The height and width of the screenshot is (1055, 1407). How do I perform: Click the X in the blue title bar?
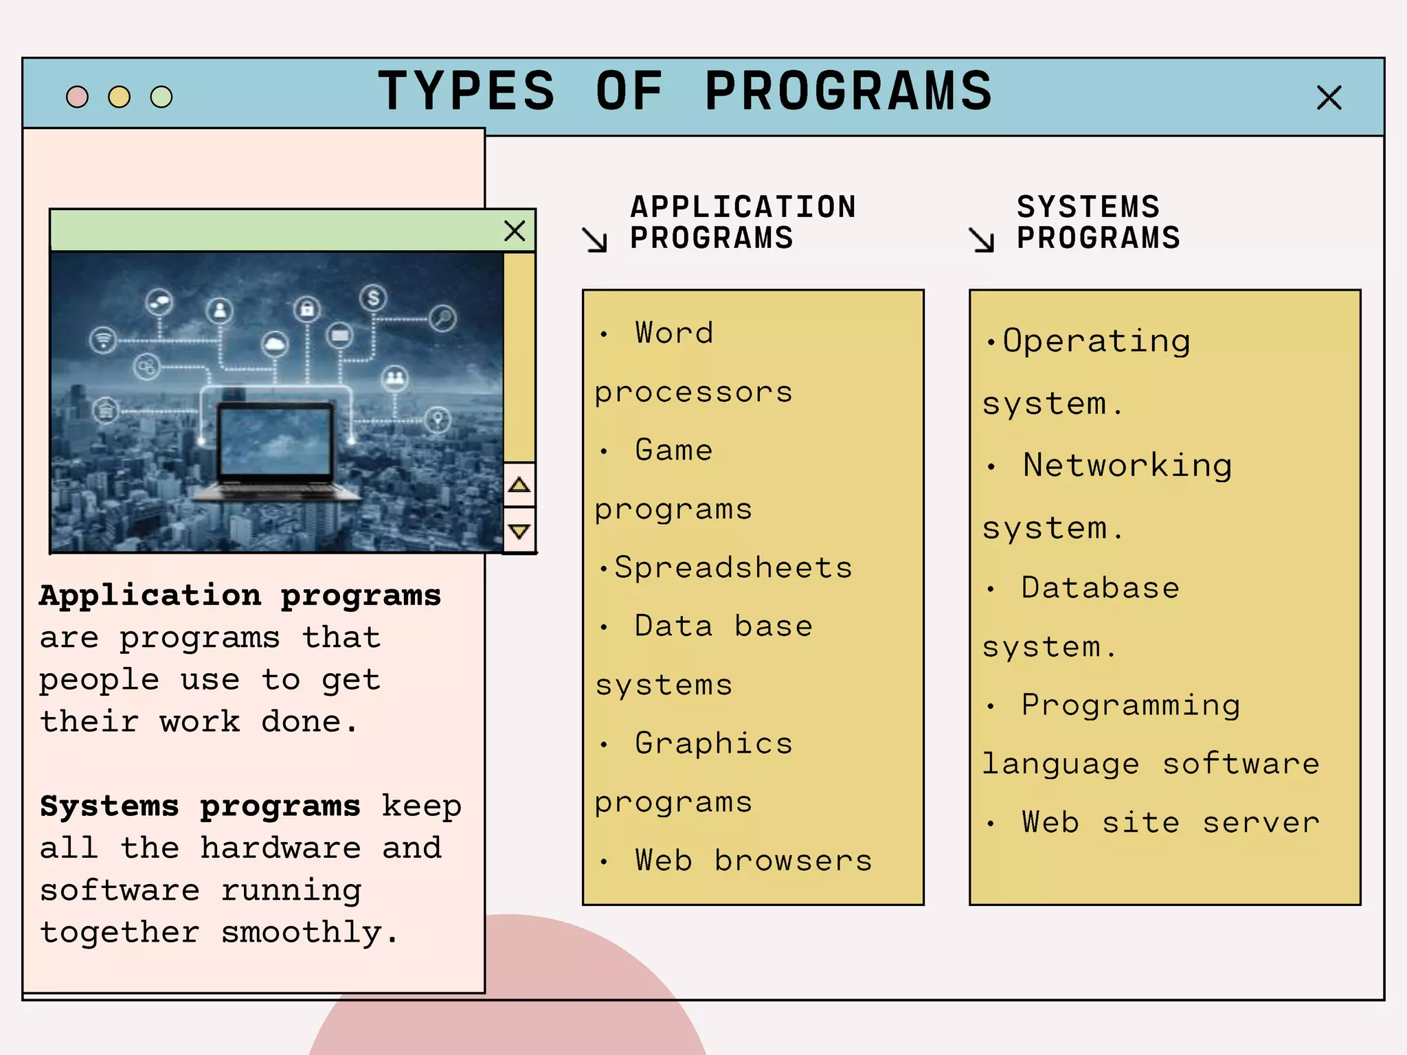[x=1329, y=98]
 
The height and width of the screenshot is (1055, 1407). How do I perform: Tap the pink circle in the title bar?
[x=77, y=97]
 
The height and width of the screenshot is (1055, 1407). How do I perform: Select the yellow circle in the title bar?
[x=119, y=97]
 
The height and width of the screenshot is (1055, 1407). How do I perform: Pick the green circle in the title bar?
[x=161, y=97]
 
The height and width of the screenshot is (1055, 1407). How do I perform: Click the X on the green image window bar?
[x=515, y=231]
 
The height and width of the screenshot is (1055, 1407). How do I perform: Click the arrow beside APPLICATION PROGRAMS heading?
[x=595, y=240]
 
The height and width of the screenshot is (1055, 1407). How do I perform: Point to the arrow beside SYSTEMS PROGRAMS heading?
[x=982, y=240]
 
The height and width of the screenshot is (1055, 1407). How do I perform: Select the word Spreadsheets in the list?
[x=733, y=568]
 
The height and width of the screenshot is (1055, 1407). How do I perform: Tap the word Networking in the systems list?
[x=1127, y=466]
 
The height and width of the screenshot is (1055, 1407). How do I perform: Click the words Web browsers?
[x=754, y=861]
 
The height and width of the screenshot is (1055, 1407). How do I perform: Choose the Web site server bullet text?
[x=1171, y=823]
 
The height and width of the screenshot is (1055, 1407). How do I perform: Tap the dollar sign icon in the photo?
[x=373, y=298]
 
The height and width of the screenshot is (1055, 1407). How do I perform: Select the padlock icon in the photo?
[x=307, y=309]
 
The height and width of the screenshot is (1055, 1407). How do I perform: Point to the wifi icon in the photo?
[x=103, y=339]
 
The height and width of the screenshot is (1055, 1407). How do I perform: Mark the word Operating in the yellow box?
[x=1096, y=341]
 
